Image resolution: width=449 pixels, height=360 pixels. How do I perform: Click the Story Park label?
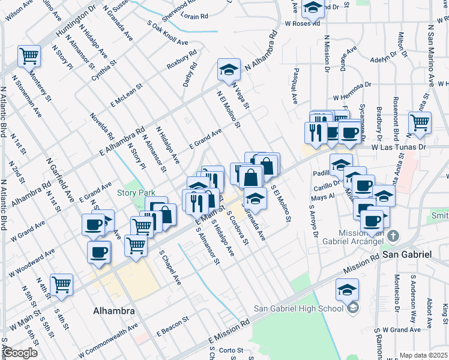tap(136, 193)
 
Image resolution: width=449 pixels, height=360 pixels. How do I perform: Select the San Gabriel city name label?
tap(407, 254)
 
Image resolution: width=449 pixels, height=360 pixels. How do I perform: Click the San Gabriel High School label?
tap(299, 308)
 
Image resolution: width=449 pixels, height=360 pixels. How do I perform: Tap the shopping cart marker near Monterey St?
tap(29, 56)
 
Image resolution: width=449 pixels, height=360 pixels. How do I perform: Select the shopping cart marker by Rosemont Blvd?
tap(419, 122)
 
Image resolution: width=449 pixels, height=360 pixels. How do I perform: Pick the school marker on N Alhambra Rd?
tap(228, 70)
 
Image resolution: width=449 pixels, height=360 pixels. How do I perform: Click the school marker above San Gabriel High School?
tap(347, 290)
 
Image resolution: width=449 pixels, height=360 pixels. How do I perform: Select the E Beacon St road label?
tap(173, 328)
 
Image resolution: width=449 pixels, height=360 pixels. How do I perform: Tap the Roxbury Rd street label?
tap(182, 65)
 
